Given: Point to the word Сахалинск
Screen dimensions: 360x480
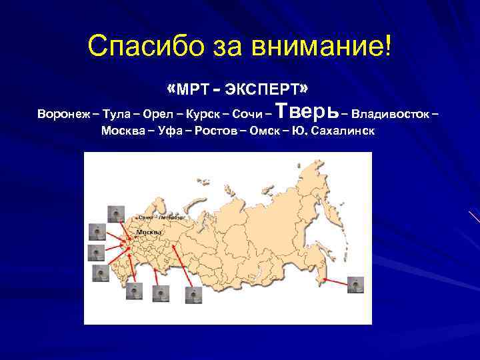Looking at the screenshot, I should (x=343, y=130).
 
